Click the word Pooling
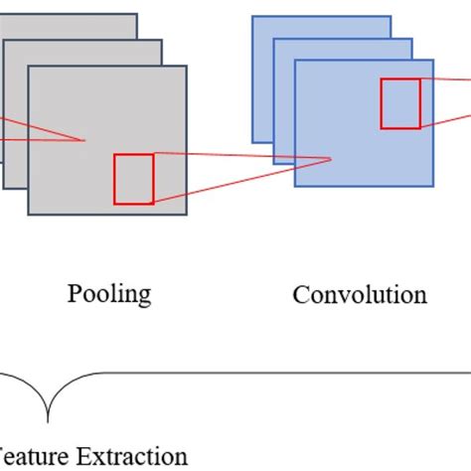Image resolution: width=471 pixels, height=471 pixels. [x=109, y=294]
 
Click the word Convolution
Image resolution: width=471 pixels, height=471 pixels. [x=359, y=295]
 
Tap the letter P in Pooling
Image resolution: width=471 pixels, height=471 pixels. [x=75, y=293]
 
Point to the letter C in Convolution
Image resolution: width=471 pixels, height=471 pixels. [x=300, y=295]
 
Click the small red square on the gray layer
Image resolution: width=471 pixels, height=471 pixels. [x=133, y=179]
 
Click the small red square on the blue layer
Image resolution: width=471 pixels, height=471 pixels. [x=400, y=103]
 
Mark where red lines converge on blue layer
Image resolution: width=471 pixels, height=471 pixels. [x=331, y=159]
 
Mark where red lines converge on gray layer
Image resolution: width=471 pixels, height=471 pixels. [x=83, y=141]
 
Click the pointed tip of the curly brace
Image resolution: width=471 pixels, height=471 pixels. [x=47, y=421]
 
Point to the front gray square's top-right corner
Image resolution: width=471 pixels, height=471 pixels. [x=187, y=67]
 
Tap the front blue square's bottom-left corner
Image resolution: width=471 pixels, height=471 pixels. [x=295, y=186]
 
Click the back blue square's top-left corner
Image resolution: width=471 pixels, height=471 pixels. [x=252, y=16]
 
